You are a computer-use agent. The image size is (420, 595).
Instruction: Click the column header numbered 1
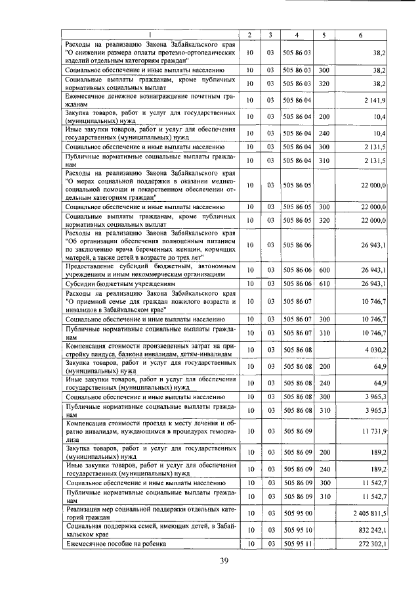coord(150,34)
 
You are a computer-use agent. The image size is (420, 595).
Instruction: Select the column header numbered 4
coord(297,34)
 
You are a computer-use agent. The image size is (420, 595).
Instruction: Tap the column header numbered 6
coord(360,34)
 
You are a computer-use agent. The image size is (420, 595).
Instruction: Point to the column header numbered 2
coord(249,34)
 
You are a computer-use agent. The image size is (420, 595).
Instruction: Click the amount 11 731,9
coord(373,431)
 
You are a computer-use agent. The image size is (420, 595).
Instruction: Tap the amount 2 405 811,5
coord(369,512)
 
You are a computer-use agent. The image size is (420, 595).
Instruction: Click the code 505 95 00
coord(297,512)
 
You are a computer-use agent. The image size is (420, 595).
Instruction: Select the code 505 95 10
coord(297,529)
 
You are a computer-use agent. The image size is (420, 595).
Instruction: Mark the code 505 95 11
coord(297,544)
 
